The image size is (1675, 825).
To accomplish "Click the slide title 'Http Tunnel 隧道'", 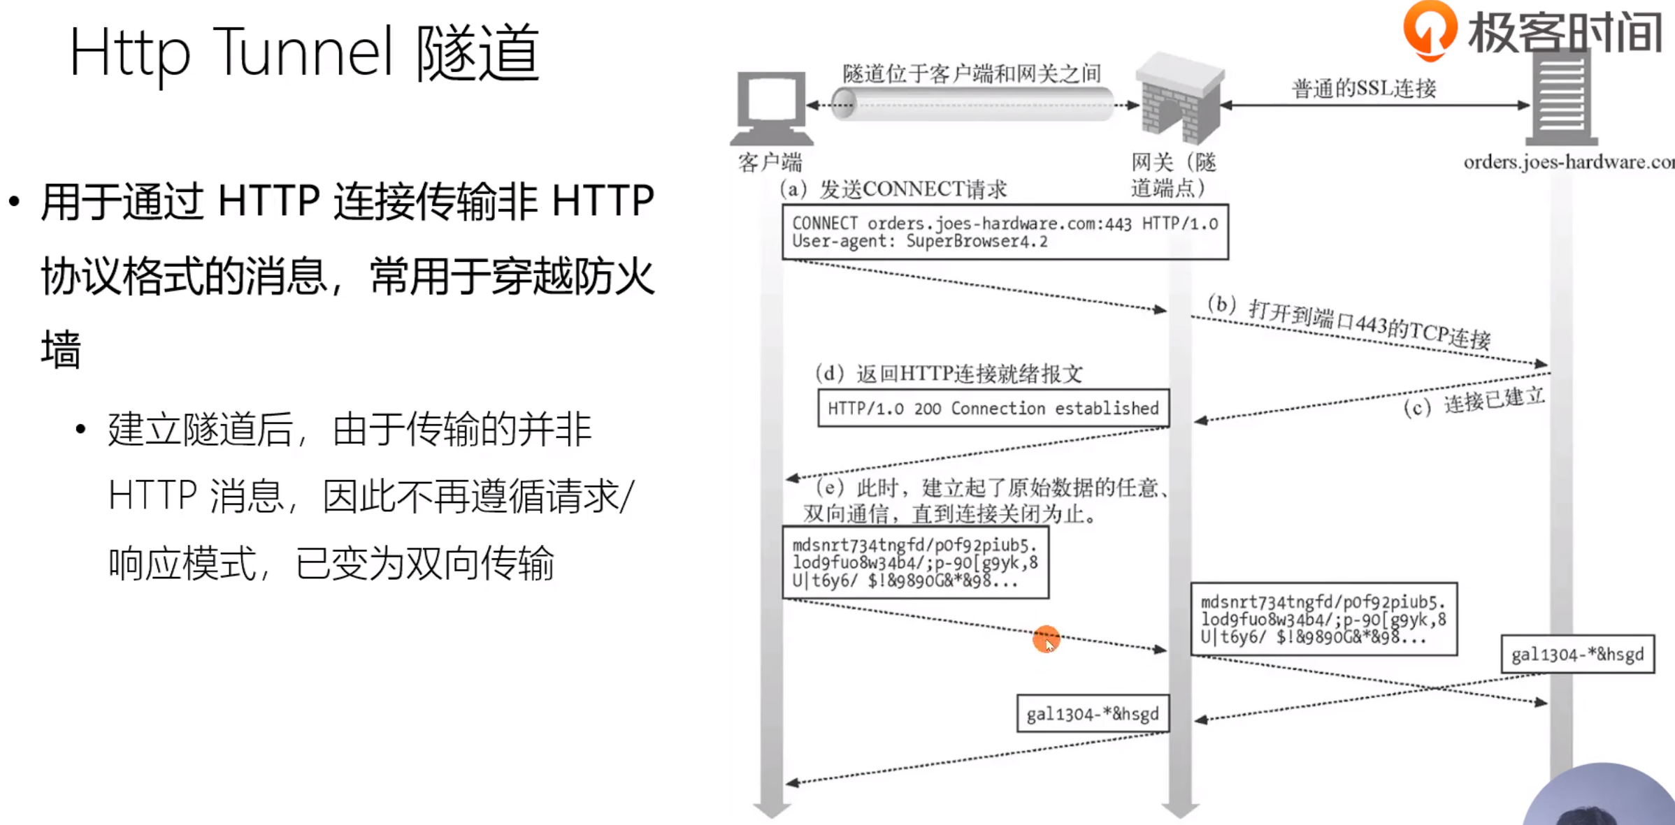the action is (304, 52).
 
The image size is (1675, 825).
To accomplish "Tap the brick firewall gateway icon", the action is (1179, 98).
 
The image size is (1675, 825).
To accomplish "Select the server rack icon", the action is (1562, 94).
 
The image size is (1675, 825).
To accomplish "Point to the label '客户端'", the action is (770, 163).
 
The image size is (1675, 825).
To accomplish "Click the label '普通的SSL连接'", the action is (1363, 89).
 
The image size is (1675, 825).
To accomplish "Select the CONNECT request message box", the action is (1005, 232).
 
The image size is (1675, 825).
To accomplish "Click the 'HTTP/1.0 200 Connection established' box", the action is (993, 408).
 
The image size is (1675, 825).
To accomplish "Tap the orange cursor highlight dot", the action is (1046, 639).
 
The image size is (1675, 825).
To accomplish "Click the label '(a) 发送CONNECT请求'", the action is (893, 189).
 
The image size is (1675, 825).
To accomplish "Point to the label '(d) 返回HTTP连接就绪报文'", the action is (949, 374).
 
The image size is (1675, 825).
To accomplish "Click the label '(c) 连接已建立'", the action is (1474, 402).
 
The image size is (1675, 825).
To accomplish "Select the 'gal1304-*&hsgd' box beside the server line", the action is (1577, 655).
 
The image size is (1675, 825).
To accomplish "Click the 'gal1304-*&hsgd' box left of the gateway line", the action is (1092, 714).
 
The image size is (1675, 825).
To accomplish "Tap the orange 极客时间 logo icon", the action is (1430, 29).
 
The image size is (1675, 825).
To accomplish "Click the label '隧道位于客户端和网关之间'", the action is (971, 73).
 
